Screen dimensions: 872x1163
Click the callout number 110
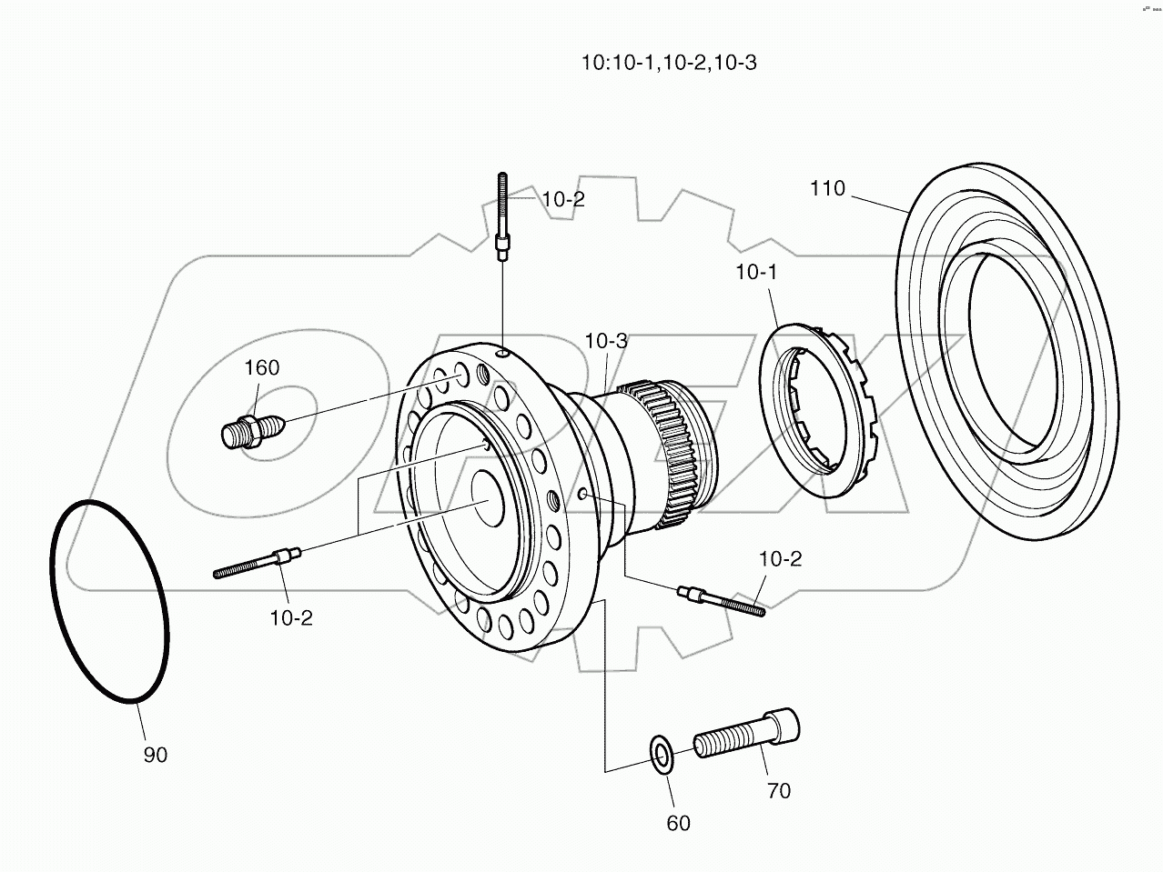point(827,189)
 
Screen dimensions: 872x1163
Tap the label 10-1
point(757,272)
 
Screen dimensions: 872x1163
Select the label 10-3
point(606,341)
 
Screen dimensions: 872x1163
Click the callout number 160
point(261,367)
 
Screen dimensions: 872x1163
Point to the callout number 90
point(156,755)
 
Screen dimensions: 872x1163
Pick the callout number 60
point(678,823)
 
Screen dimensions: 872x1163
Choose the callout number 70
point(778,791)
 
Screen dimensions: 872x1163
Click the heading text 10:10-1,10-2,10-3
point(669,63)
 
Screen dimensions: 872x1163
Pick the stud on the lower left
point(257,563)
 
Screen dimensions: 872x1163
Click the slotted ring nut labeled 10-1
point(815,409)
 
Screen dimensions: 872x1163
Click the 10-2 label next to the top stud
point(563,199)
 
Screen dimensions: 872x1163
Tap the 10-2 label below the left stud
point(291,618)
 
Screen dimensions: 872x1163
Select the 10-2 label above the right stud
point(781,559)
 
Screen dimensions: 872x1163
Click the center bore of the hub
point(491,497)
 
